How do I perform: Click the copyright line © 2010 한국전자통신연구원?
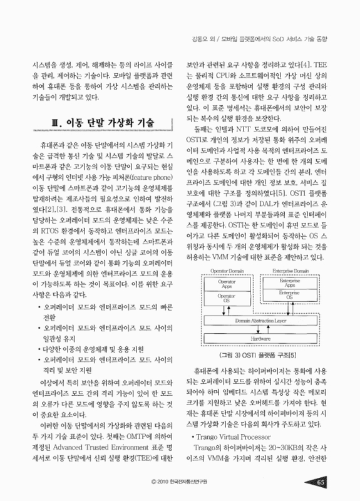[178, 482]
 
